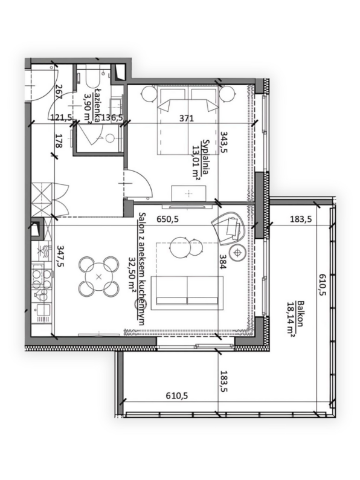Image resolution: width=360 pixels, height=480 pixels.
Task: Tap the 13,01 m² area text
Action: pyautogui.click(x=196, y=161)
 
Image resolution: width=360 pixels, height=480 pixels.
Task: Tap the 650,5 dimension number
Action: pyautogui.click(x=167, y=219)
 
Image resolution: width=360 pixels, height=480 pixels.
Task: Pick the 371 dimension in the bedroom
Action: pyautogui.click(x=187, y=118)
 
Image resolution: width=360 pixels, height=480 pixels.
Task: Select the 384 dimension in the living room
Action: pyautogui.click(x=223, y=262)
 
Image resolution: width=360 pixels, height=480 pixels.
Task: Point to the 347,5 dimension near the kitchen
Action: pyautogui.click(x=61, y=256)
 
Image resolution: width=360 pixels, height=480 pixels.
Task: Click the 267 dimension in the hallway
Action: pyautogui.click(x=59, y=92)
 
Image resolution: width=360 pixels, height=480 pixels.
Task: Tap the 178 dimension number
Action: pyautogui.click(x=59, y=141)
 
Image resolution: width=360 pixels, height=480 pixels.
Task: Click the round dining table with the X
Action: pyautogui.click(x=98, y=277)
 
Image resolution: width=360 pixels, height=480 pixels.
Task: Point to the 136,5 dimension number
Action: pyautogui.click(x=112, y=117)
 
